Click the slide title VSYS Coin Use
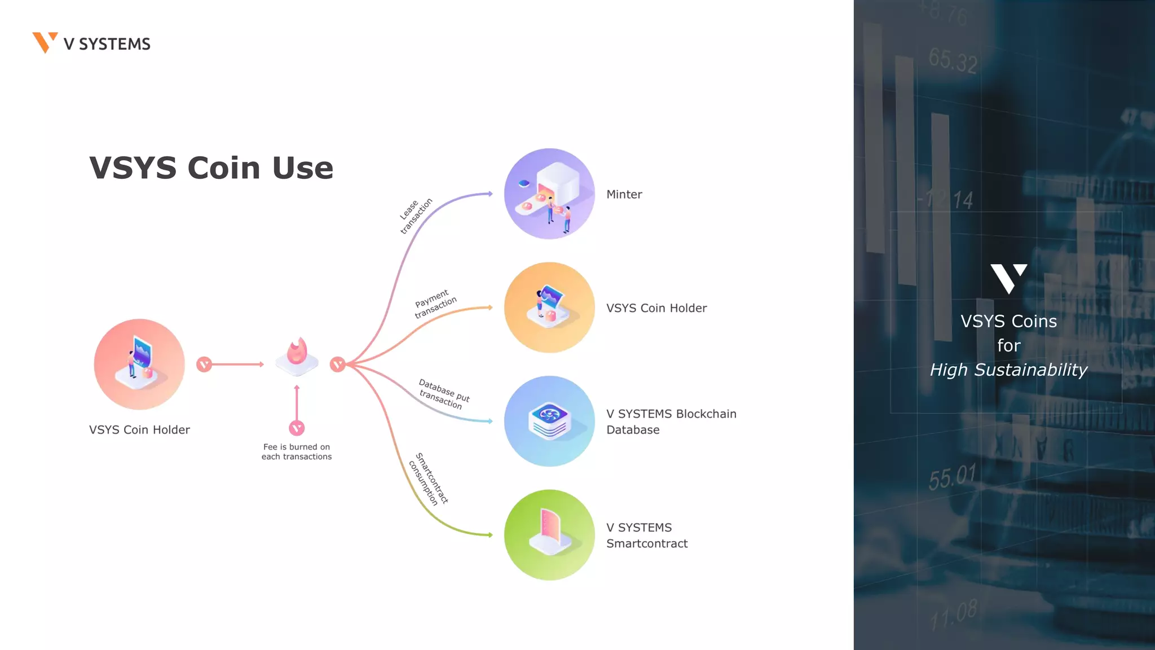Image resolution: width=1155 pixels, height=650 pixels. click(211, 168)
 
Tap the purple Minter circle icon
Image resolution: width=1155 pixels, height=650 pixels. click(549, 194)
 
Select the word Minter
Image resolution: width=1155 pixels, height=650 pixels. click(624, 195)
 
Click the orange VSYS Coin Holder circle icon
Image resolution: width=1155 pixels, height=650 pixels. click(549, 308)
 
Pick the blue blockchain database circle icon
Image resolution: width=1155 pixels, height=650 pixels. click(549, 421)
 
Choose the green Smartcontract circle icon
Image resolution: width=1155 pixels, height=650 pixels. click(549, 535)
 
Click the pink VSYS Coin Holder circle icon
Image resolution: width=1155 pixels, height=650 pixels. click(139, 364)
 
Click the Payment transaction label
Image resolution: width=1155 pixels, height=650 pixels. click(435, 304)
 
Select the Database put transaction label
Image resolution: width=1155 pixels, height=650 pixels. click(443, 394)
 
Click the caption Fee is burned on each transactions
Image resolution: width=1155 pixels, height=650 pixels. click(297, 452)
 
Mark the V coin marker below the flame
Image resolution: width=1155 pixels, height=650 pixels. click(297, 428)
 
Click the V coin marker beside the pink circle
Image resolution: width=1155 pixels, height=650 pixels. click(204, 364)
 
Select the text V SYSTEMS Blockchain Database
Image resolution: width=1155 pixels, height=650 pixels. click(671, 421)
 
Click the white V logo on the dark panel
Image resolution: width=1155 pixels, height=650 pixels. click(1008, 278)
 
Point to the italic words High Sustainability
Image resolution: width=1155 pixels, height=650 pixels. click(1008, 370)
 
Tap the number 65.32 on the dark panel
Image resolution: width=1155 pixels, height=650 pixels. click(953, 60)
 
